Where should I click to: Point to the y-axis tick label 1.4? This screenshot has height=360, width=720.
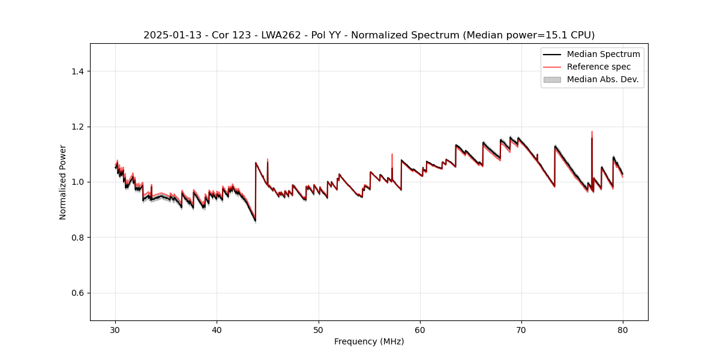click(77, 71)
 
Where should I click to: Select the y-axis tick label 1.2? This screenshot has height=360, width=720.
click(77, 127)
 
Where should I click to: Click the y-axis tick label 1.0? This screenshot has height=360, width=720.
click(77, 182)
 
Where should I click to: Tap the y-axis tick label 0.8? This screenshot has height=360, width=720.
click(77, 238)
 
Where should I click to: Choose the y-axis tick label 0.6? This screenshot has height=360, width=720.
click(77, 293)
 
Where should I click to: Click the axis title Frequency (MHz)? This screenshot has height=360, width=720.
click(369, 341)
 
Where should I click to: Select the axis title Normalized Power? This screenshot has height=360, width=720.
click(63, 182)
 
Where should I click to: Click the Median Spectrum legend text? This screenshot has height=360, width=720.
click(603, 54)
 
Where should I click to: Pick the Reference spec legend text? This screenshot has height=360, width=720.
click(599, 67)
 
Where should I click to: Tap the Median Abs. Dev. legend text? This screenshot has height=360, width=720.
click(602, 79)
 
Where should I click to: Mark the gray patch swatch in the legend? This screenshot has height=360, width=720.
click(552, 79)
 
